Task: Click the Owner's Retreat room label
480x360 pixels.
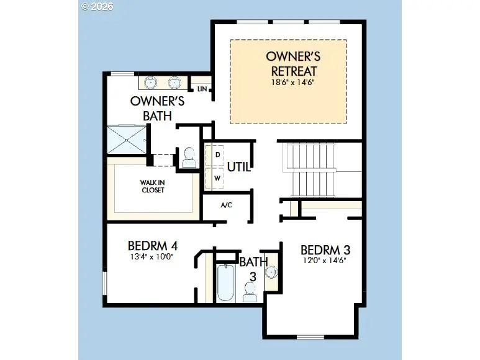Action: point(293,63)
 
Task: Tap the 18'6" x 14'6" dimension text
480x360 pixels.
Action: point(293,83)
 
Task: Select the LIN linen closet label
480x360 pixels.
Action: point(202,89)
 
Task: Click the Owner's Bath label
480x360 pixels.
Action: point(157,108)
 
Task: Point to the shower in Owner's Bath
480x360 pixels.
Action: point(127,140)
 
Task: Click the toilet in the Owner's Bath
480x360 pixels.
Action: point(189,158)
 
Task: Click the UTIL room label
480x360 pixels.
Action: point(239,167)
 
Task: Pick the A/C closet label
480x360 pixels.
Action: point(227,205)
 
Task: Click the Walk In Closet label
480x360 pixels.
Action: point(153,186)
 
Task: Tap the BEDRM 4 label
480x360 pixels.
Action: point(153,246)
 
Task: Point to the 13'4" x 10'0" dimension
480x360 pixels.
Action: point(152,256)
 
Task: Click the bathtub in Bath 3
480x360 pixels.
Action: point(226,282)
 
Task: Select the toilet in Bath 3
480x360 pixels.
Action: point(250,292)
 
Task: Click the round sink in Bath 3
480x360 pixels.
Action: point(271,272)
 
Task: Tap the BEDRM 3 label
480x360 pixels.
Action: point(325,250)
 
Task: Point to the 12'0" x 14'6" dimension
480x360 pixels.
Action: point(325,261)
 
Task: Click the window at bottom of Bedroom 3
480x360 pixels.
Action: point(310,337)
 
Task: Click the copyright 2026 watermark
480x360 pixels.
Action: point(97,6)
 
